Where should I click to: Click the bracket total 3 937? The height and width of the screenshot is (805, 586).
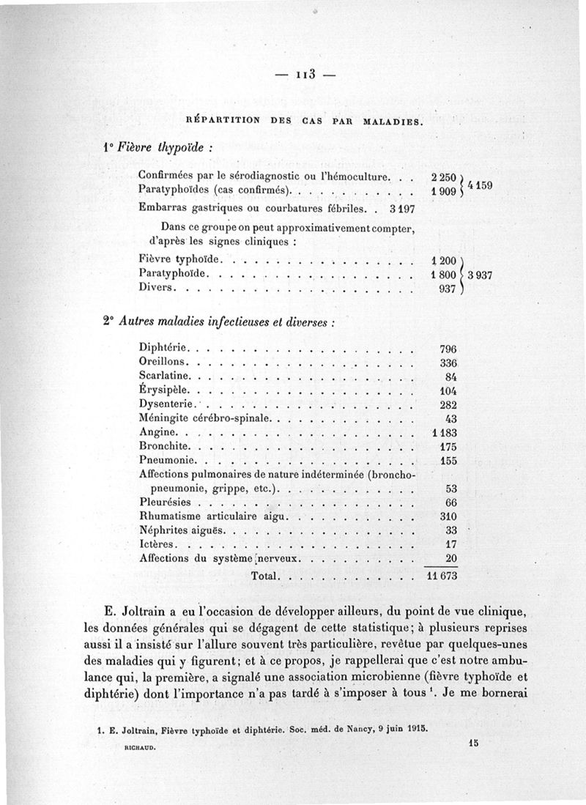(483, 275)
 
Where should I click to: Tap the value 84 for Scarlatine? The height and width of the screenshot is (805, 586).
(450, 376)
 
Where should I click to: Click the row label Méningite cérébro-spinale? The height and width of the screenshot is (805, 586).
(204, 418)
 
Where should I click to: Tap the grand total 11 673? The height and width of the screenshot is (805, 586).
(442, 576)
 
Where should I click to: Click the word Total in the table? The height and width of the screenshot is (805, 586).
(264, 576)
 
